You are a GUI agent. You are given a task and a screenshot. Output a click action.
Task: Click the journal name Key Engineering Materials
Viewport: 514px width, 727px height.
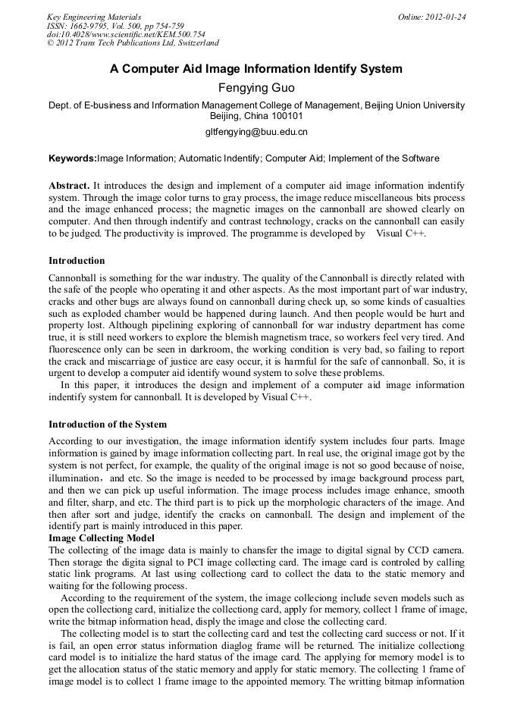tap(94, 17)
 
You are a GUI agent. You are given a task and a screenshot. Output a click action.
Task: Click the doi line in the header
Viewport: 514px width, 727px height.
tap(126, 34)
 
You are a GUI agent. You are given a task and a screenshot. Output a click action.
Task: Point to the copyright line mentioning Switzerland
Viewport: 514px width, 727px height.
tap(133, 43)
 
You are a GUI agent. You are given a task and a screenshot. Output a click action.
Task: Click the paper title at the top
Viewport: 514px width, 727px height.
tap(256, 69)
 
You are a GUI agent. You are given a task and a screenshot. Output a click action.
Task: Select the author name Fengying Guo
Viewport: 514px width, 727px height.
tap(256, 88)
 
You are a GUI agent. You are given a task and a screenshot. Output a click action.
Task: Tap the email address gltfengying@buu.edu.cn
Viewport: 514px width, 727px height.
tap(256, 131)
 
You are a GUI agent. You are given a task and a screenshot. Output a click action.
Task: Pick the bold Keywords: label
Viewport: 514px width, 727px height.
tap(73, 158)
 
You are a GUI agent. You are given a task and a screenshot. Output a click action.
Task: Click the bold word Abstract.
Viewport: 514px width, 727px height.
tap(69, 186)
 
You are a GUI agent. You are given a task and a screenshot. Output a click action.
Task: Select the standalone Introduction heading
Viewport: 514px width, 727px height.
tap(77, 261)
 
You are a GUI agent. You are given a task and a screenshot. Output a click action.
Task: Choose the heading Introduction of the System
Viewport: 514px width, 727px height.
tap(108, 425)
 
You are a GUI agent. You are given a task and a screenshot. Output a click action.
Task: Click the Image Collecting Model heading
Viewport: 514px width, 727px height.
tap(101, 537)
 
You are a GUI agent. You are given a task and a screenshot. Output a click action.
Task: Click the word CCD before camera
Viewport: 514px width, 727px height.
tap(410, 549)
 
